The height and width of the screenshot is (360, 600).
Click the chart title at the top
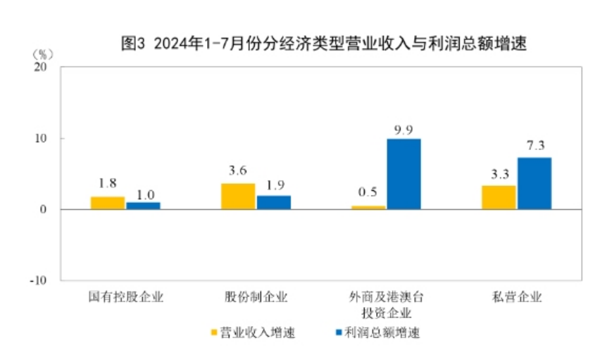[325, 43]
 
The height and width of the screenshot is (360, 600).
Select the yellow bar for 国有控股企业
[108, 203]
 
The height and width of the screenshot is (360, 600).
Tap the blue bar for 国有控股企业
[143, 206]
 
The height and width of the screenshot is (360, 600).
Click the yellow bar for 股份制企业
[238, 197]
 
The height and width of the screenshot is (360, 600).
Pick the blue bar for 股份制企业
[273, 202]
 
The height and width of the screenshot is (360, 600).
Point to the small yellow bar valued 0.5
[368, 207]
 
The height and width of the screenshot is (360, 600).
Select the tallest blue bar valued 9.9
[404, 174]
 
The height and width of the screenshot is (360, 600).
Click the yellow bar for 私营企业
[499, 197]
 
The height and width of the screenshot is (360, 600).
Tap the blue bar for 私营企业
[534, 183]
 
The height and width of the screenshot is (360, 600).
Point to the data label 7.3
[535, 146]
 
